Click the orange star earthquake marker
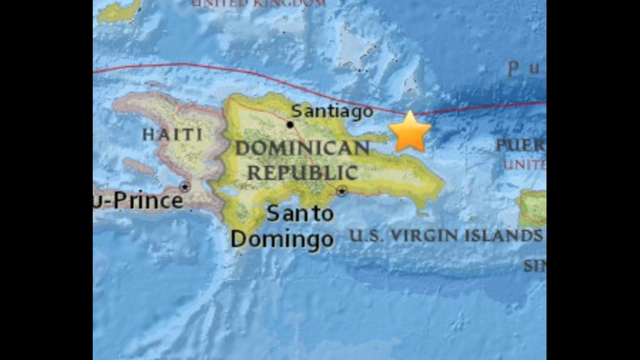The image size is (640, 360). pyautogui.click(x=410, y=131)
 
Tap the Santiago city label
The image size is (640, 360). pyautogui.click(x=333, y=111)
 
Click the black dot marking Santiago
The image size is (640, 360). pyautogui.click(x=290, y=124)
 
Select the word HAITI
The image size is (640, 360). pyautogui.click(x=172, y=134)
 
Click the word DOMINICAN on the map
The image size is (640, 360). pyautogui.click(x=302, y=149)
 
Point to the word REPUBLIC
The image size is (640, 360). pyautogui.click(x=302, y=172)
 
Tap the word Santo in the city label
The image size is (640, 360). pyautogui.click(x=299, y=213)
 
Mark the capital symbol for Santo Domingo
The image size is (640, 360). pyautogui.click(x=342, y=191)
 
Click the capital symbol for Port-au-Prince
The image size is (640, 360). pyautogui.click(x=185, y=187)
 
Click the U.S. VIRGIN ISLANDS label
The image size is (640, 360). pyautogui.click(x=445, y=236)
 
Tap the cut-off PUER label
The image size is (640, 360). pyautogui.click(x=520, y=146)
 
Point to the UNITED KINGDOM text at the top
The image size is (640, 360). pyautogui.click(x=257, y=4)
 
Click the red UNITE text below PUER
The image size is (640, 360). pyautogui.click(x=524, y=164)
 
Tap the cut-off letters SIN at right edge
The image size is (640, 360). pyautogui.click(x=534, y=266)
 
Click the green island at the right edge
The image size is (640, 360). pyautogui.click(x=532, y=208)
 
